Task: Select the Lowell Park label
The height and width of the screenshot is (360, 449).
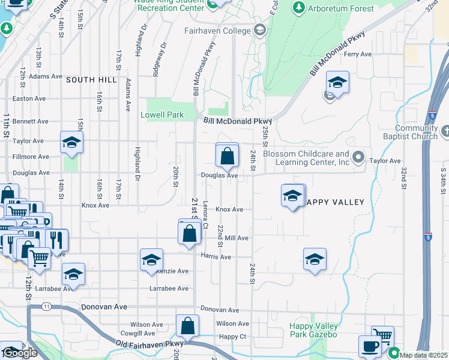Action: tap(161, 114)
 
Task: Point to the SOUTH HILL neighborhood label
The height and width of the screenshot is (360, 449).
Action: tap(91, 80)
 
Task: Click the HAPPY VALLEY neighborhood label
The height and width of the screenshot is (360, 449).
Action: tap(335, 202)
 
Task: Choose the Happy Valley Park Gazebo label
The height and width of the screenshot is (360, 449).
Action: tap(313, 330)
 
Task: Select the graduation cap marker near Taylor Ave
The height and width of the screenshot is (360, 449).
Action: tap(71, 143)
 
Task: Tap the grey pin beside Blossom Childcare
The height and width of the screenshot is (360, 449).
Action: tap(359, 158)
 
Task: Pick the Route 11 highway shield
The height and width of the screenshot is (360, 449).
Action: tap(46, 307)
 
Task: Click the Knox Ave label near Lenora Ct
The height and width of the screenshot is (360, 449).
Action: tap(229, 209)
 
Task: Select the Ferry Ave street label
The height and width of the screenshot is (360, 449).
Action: tap(358, 54)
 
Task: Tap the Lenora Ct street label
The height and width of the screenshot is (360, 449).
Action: tap(205, 214)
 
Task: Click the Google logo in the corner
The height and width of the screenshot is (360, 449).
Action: tap(20, 353)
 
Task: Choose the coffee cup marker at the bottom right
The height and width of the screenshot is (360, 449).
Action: tap(369, 346)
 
